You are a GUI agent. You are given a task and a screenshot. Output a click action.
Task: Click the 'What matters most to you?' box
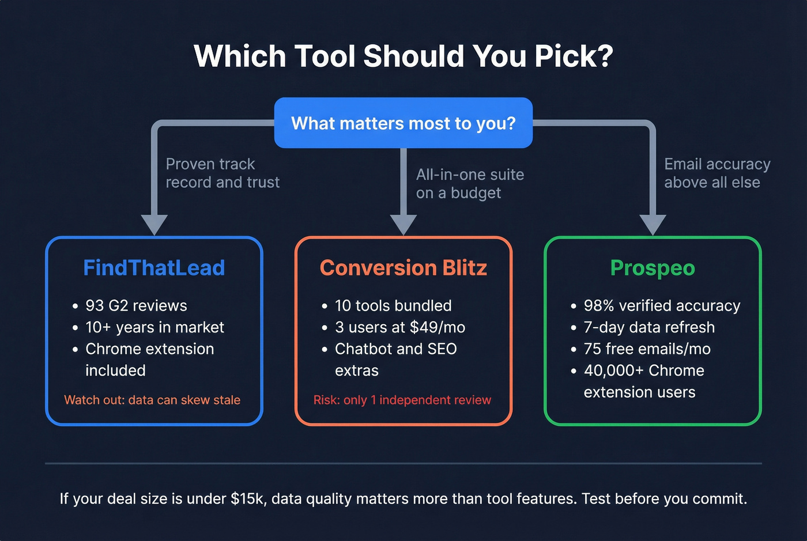coord(403,123)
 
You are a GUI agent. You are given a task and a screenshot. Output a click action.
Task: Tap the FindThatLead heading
coord(154,268)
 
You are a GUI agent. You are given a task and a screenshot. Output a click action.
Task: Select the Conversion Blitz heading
coord(403,268)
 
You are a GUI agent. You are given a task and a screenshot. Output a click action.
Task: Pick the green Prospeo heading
coord(653,268)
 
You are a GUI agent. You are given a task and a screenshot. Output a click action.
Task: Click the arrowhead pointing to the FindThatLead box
coord(154,224)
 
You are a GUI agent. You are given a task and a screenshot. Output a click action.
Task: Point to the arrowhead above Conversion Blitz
coord(403,224)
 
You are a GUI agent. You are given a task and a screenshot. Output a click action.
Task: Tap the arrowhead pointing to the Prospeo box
coord(653,224)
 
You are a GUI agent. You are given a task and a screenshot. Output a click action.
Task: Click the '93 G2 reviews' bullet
coord(136,305)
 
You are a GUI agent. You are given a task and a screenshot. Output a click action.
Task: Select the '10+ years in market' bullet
coord(154,327)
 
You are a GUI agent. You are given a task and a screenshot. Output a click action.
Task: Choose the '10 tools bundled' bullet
coord(393,305)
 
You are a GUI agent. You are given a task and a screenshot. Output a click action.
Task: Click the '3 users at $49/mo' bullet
coord(400,327)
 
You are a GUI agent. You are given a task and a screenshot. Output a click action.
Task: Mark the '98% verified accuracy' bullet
coord(662,305)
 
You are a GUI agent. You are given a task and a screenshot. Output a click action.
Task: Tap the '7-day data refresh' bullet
coord(649,327)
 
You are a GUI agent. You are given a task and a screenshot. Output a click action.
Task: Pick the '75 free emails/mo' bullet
coord(647,349)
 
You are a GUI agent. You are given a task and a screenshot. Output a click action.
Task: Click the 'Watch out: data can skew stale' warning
coord(152,400)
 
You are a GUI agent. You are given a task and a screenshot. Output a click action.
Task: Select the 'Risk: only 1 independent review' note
coord(402,400)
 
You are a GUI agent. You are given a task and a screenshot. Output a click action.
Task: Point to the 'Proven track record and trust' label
coord(223,173)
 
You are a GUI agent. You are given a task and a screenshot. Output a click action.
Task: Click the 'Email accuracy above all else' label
coord(717,173)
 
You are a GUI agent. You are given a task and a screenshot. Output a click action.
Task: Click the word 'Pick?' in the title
coord(573,56)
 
